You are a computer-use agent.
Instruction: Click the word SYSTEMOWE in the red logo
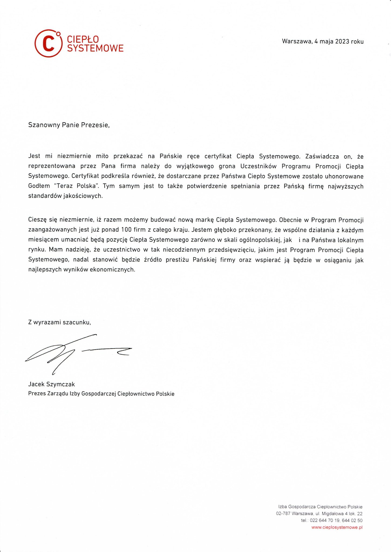pos(95,48)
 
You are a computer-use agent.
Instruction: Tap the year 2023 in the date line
pos(342,42)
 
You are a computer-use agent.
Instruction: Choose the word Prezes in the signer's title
pos(37,394)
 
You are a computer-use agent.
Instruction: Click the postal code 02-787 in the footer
pos(283,513)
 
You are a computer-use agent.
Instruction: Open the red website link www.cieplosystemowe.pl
pos(337,527)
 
